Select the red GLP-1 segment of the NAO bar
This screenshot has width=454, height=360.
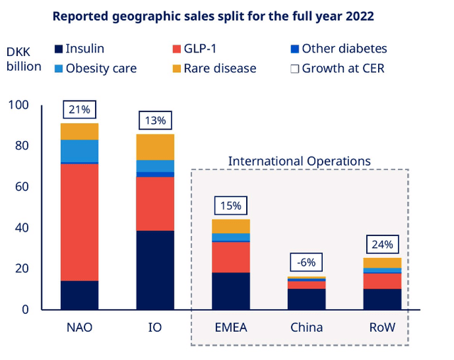point(79,222)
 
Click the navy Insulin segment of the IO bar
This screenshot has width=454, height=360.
point(155,270)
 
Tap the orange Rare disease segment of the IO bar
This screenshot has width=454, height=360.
point(155,147)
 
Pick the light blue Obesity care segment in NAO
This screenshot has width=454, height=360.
point(79,151)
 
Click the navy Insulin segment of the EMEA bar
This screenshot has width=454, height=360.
point(231,291)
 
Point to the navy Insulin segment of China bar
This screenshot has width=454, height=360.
point(306,298)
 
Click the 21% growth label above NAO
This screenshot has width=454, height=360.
point(79,109)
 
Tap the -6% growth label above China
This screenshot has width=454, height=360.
point(306,262)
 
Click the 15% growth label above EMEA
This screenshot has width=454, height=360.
point(231,206)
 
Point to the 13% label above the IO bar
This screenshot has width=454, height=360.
point(155,120)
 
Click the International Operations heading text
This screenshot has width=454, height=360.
point(299,162)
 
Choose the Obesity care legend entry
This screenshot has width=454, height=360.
point(96,68)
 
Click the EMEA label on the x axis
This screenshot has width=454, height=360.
point(231,327)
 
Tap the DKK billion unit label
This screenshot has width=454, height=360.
point(23,60)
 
